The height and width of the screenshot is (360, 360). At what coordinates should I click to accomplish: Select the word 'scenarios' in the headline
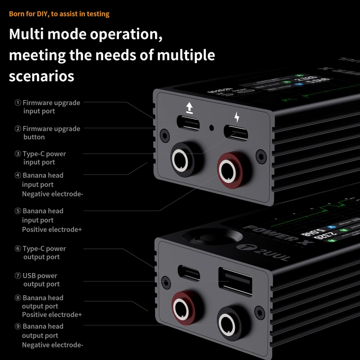(41, 75)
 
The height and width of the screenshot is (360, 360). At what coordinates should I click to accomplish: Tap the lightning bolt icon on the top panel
(237, 117)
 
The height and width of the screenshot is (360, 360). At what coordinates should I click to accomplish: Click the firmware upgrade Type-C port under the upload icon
(189, 123)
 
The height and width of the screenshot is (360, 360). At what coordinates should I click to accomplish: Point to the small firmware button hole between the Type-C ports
(212, 128)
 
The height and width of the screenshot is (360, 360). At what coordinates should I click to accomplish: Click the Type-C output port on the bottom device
(188, 272)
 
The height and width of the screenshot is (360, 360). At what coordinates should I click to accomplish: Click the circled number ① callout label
(18, 103)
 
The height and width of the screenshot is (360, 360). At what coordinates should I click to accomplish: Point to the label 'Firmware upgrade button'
(51, 133)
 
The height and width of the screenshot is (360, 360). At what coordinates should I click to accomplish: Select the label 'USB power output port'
(40, 280)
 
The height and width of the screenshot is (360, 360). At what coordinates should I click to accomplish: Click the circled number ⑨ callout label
(18, 326)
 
